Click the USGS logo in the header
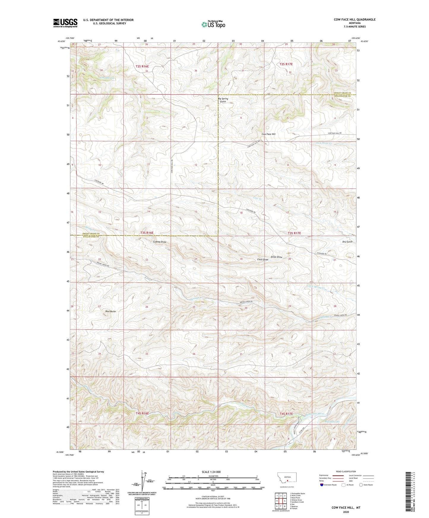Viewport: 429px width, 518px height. pos(65,23)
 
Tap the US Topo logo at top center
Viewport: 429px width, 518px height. pos(213,24)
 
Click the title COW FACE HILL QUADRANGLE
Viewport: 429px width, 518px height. pos(354,20)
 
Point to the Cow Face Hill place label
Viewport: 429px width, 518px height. pos(268,134)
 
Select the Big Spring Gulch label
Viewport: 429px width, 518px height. pos(223,100)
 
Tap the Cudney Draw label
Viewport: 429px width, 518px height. pos(160,242)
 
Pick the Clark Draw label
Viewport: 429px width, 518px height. pos(262,260)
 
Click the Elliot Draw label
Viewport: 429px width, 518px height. pos(276,257)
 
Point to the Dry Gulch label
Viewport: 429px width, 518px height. pos(347,242)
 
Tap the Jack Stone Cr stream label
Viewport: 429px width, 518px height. pos(323,143)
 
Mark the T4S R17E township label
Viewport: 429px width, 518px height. pos(286,414)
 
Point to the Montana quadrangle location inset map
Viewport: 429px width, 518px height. pos(286,479)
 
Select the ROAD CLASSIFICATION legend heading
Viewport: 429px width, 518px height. pos(346,471)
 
